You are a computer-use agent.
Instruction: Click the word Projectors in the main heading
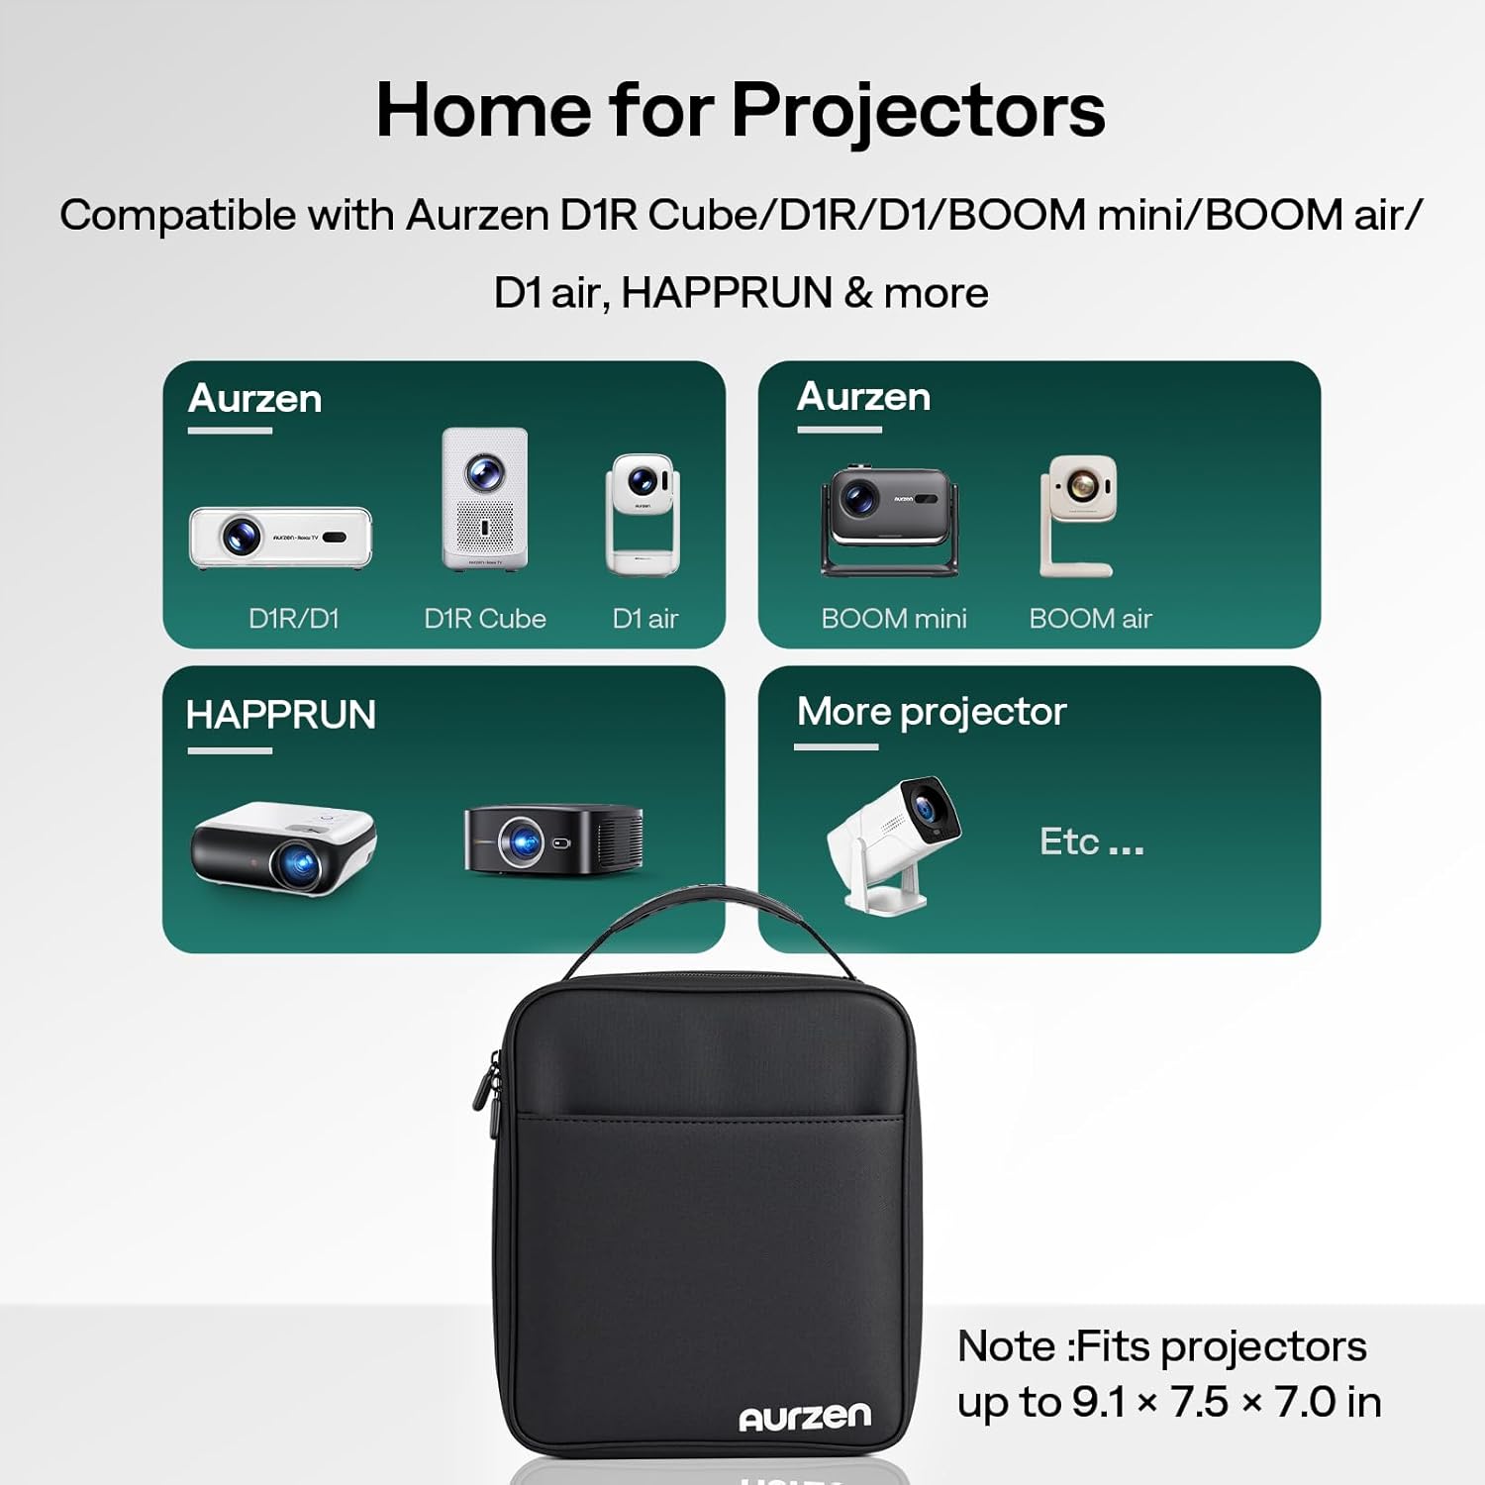tap(918, 110)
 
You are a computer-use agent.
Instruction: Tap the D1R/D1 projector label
tap(294, 619)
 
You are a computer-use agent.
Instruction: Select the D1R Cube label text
tap(485, 619)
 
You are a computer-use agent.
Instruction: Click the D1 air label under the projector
tap(644, 619)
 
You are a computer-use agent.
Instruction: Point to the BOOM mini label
tap(894, 619)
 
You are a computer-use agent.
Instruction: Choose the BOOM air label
tap(1090, 619)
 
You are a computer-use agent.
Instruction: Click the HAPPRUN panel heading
tap(281, 715)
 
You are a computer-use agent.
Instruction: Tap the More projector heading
tap(932, 712)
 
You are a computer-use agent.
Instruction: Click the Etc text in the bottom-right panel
tap(1070, 841)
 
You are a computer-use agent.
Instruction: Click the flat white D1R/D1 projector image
tap(281, 538)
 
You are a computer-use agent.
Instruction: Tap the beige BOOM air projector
tap(1078, 514)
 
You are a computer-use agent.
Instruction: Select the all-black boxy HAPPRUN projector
tap(553, 840)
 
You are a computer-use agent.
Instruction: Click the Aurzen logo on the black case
tap(805, 1417)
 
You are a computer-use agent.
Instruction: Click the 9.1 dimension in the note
tap(1099, 1402)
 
